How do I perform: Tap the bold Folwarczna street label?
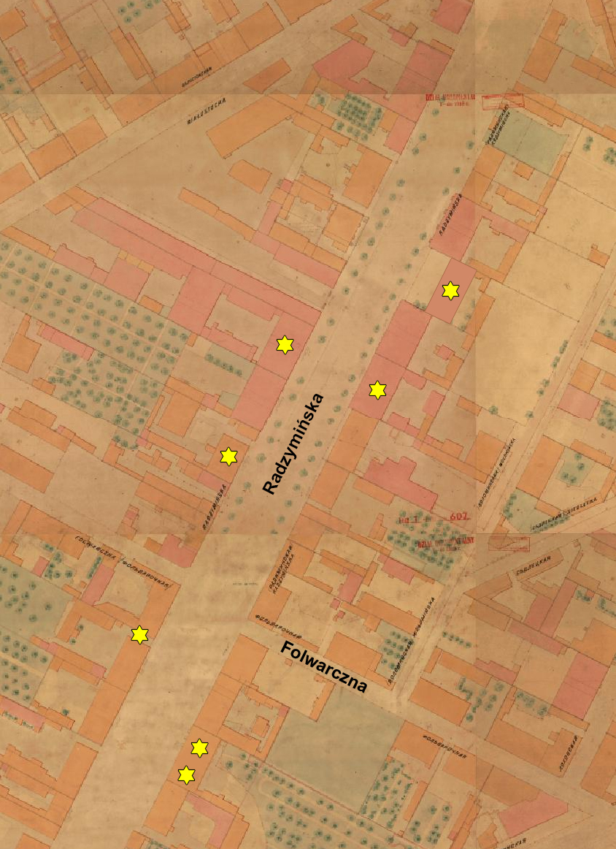pos(324,666)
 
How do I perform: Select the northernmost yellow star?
pos(451,291)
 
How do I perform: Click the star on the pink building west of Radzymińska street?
pos(284,345)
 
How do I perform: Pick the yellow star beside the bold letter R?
pos(229,457)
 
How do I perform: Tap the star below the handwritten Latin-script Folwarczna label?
pos(139,634)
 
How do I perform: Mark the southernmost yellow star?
pos(187,774)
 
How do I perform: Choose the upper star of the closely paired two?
pos(199,747)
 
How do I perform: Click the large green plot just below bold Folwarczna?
pos(336,745)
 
